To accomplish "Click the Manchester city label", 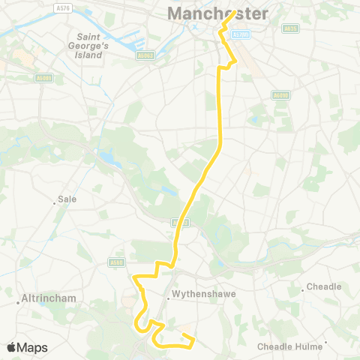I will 217,14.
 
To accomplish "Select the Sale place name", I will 67,200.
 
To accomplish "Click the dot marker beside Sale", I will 55,200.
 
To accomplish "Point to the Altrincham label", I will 50,298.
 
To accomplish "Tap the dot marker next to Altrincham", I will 18,303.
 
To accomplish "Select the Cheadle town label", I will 324,286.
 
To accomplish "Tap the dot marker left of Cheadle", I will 302,288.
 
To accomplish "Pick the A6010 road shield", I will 280,95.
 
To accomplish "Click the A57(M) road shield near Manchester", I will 240,34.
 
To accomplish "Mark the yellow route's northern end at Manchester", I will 235,11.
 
